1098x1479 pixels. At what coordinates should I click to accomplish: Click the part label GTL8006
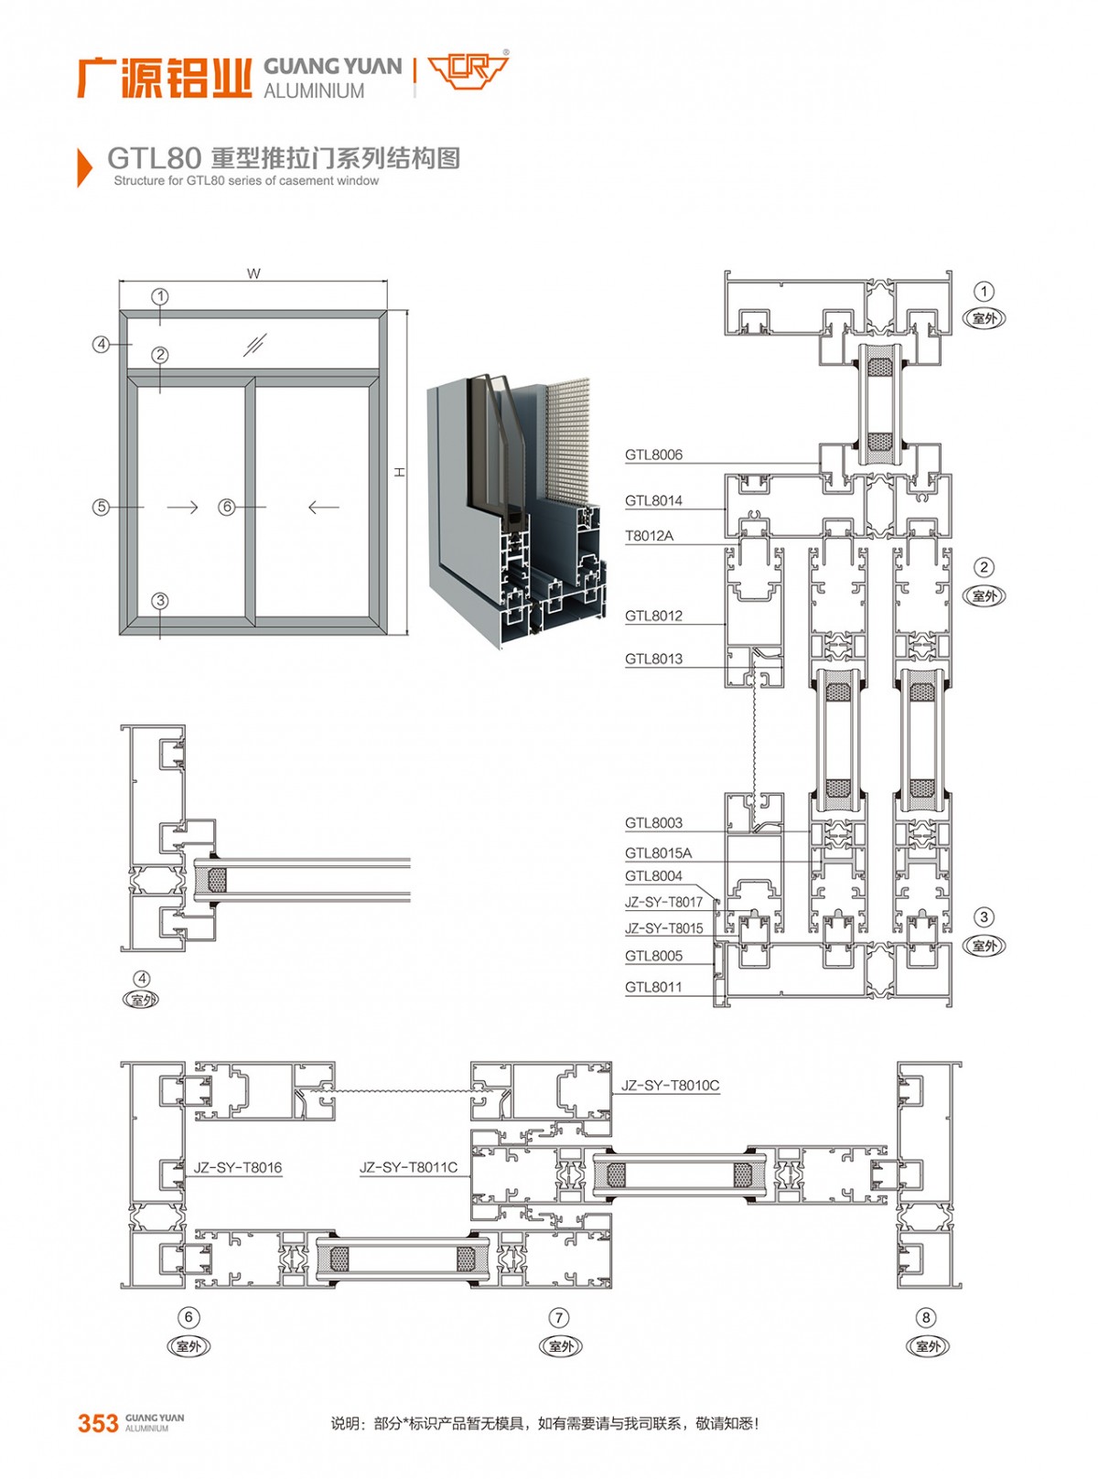click(x=653, y=455)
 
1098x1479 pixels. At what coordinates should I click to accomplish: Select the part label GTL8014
click(x=653, y=501)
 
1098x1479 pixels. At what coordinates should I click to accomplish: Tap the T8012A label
click(x=649, y=535)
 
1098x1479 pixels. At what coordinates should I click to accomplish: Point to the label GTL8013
click(x=653, y=659)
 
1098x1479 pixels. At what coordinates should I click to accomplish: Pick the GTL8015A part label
click(x=658, y=852)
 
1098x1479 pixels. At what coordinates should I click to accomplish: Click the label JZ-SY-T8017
click(x=663, y=902)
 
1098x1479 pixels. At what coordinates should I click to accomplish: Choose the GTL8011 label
click(x=653, y=987)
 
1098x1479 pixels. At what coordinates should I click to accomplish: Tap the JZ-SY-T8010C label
click(x=670, y=1085)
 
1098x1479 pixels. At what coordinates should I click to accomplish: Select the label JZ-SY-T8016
click(x=238, y=1168)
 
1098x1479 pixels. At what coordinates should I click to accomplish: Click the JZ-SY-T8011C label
click(x=408, y=1167)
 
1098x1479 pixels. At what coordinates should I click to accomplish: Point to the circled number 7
click(x=559, y=1318)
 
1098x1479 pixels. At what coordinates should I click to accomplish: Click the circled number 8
click(x=925, y=1318)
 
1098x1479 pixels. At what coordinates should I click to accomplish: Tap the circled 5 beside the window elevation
click(x=101, y=508)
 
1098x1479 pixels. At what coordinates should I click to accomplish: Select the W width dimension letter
click(x=253, y=273)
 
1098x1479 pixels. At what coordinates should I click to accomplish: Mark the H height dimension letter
click(x=399, y=472)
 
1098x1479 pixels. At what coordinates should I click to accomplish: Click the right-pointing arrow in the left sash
click(x=182, y=508)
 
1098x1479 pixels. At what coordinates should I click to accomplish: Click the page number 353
click(x=98, y=1423)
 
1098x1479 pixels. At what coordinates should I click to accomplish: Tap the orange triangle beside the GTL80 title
click(x=84, y=166)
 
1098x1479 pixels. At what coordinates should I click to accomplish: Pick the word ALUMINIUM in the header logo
click(x=314, y=91)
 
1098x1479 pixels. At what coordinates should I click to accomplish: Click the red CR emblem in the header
click(x=468, y=70)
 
